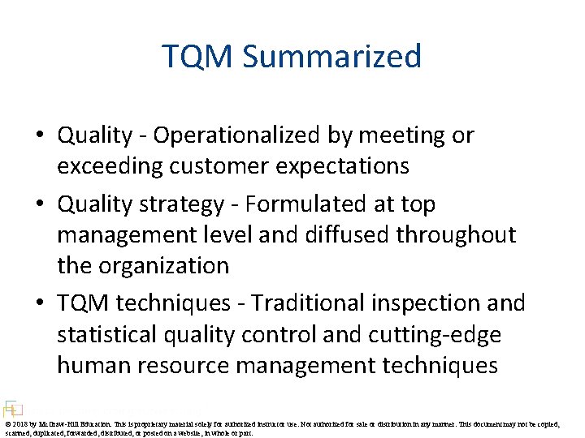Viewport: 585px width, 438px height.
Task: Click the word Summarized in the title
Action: [x=332, y=58]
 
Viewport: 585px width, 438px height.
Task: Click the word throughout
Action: [x=465, y=235]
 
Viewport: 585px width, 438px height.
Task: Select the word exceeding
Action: [x=110, y=166]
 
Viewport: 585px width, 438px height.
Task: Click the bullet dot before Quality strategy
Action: [x=40, y=205]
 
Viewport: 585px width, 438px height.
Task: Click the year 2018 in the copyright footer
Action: [x=20, y=423]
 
